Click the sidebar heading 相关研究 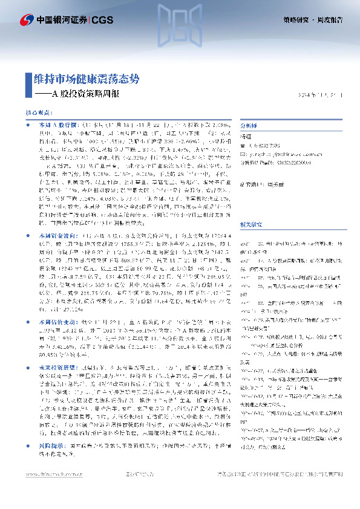click(x=252, y=207)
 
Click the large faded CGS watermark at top click(x=180, y=27)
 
